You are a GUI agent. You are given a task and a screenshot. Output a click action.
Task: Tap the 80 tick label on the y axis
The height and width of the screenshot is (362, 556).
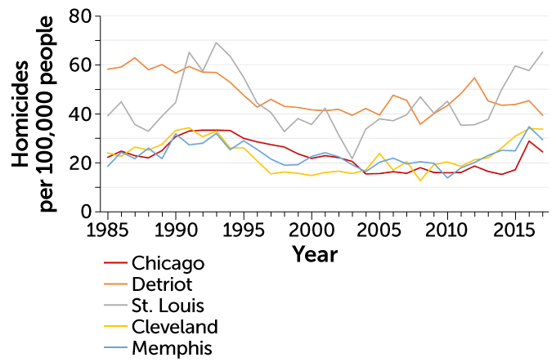(79, 16)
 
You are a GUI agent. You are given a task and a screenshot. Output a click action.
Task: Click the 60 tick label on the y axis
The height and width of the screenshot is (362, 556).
(79, 65)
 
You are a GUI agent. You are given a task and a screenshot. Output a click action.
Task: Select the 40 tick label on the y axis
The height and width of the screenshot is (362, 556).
(79, 114)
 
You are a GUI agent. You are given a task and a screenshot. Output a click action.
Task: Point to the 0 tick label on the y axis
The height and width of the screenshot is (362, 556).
(84, 212)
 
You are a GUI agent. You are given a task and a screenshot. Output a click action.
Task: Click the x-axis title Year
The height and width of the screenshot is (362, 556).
(315, 254)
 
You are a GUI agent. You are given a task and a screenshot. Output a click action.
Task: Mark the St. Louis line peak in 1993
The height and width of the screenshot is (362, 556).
(216, 42)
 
